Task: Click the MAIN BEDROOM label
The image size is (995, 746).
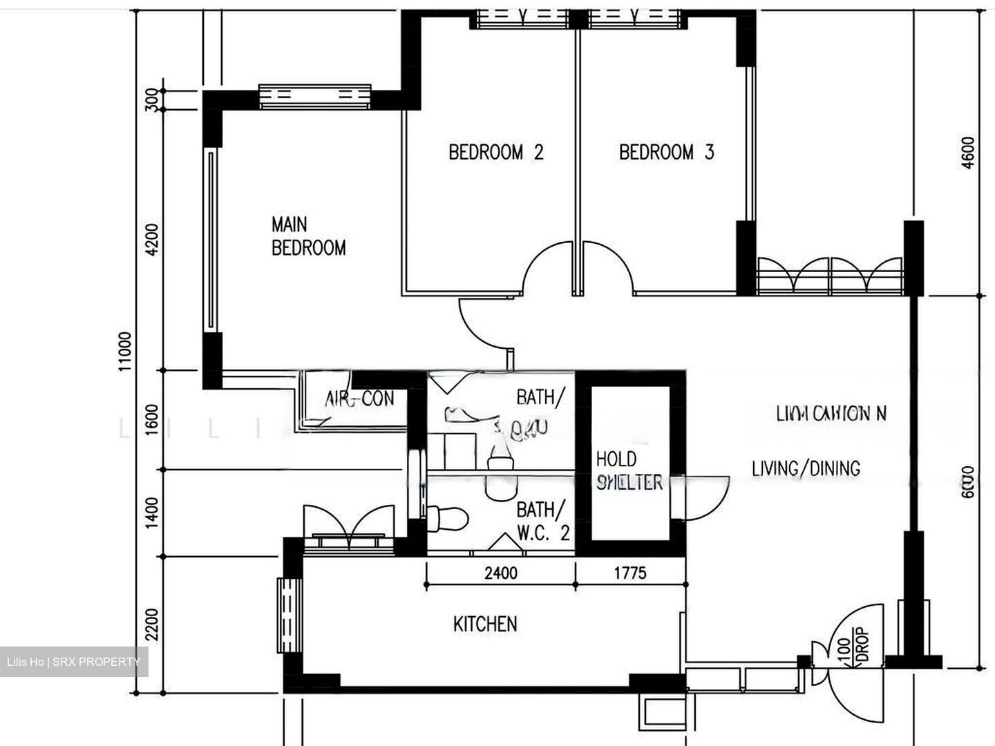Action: (308, 236)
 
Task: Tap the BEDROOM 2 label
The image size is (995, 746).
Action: (495, 152)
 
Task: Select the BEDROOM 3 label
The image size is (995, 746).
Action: (666, 152)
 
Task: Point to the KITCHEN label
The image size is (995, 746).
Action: (485, 624)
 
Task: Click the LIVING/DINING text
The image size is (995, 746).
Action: (806, 468)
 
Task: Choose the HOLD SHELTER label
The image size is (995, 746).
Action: (629, 470)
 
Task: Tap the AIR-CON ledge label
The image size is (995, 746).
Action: (359, 399)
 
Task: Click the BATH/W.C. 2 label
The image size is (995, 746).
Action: (543, 521)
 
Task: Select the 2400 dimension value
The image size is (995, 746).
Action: (500, 573)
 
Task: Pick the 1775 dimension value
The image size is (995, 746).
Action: (630, 573)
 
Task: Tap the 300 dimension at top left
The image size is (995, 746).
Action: (153, 99)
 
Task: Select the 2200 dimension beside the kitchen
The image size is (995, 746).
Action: (153, 624)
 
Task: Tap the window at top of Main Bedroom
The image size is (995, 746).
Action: (315, 97)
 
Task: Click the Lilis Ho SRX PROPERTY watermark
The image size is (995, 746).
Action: (73, 662)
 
